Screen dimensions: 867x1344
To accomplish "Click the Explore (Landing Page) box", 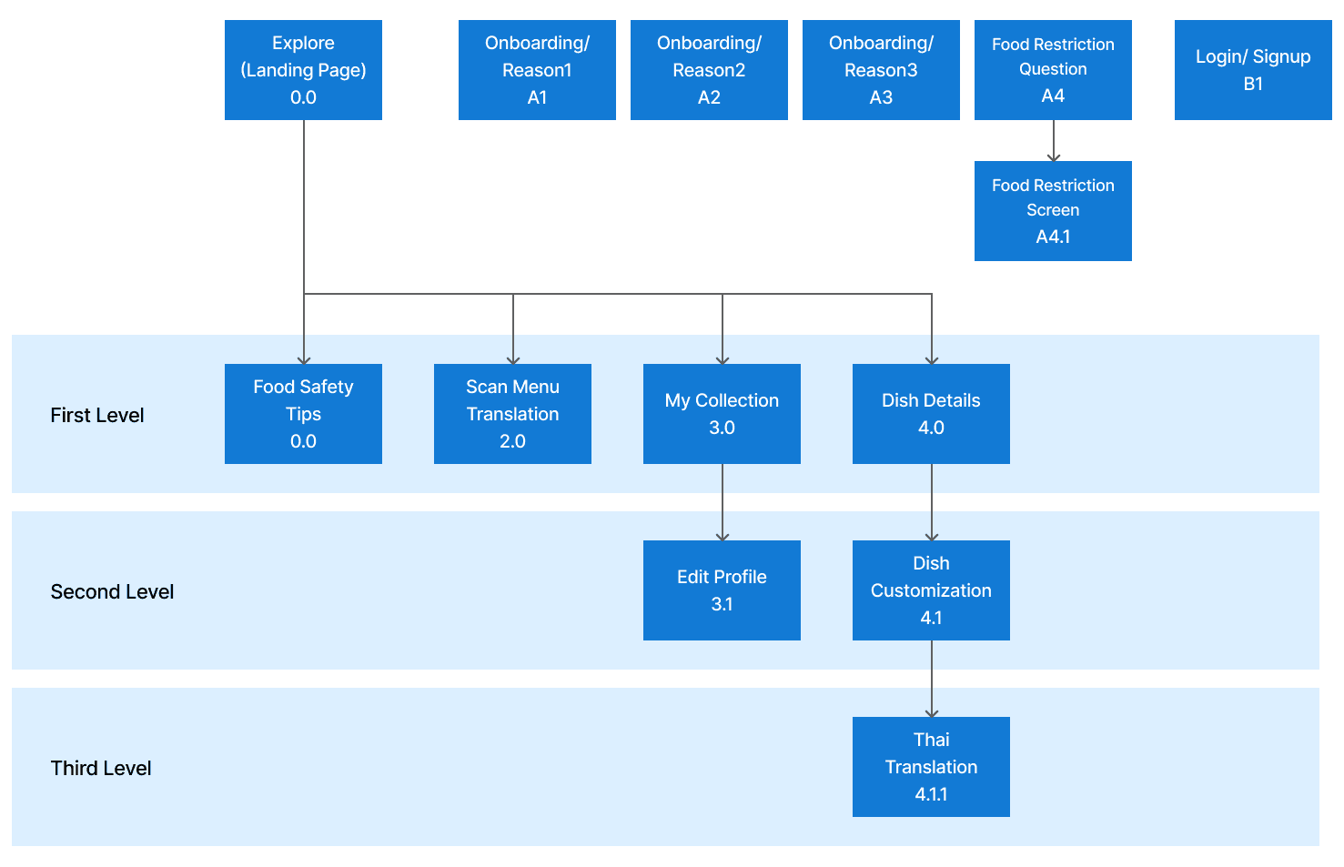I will coord(303,70).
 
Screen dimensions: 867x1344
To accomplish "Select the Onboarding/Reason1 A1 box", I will coord(537,70).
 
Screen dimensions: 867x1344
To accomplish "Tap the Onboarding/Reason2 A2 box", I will coord(709,70).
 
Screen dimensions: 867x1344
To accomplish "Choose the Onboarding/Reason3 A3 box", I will coord(881,70).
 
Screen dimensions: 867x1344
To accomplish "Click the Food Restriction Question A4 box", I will coord(1053,70).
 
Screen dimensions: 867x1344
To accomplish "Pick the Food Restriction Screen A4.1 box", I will coord(1053,211).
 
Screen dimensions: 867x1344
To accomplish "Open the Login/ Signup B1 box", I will coord(1253,70).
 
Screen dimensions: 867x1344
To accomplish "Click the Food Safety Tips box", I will coord(303,414).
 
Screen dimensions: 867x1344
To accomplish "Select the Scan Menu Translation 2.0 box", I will coord(512,414).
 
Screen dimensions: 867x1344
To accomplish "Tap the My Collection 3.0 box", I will coord(722,414).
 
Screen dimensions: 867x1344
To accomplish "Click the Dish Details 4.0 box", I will coord(931,414).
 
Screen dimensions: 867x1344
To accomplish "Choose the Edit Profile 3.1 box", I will coord(722,590).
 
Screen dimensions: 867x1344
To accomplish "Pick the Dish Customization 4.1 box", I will coord(931,590).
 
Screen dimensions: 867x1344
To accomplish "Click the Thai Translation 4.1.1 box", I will coord(931,767).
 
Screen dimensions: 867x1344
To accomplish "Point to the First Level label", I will coord(97,416).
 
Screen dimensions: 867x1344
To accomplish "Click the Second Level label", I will coord(112,592).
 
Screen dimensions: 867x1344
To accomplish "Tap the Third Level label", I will coord(101,769).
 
